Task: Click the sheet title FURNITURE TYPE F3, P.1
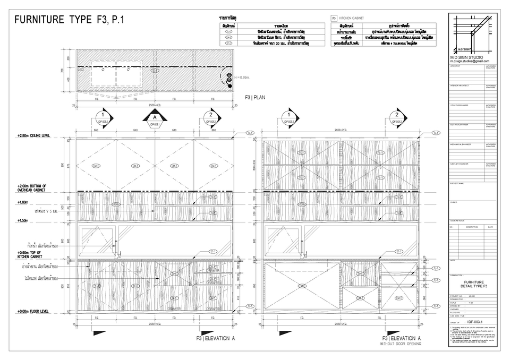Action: click(70, 21)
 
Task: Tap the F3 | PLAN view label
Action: click(254, 98)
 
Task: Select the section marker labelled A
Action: click(155, 118)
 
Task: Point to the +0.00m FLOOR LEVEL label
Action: click(32, 312)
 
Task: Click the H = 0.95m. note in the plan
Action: click(242, 78)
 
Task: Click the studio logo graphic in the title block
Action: click(470, 32)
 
